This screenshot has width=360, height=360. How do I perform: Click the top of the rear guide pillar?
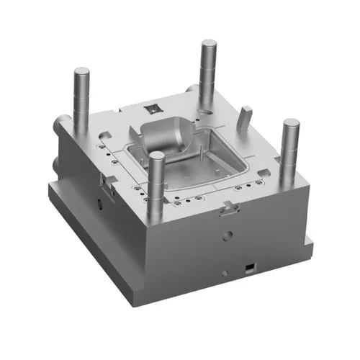208,45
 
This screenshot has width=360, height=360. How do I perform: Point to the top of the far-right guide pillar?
291,124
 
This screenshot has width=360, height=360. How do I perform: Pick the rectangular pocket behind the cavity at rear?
153,109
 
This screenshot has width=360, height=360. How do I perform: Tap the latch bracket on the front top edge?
228,209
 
